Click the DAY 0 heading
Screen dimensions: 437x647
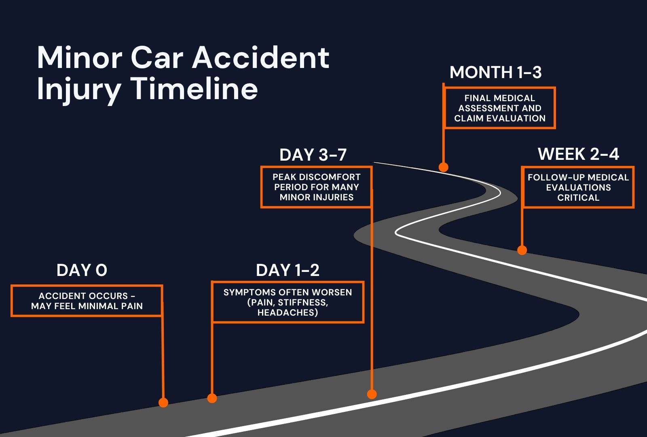point(82,270)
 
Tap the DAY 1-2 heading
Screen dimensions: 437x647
point(288,270)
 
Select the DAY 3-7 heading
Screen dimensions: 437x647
point(313,155)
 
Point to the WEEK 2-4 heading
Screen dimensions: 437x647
point(578,154)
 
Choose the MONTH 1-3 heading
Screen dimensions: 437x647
point(495,72)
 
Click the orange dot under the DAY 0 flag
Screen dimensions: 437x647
point(163,403)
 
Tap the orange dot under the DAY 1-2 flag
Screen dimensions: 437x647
point(212,398)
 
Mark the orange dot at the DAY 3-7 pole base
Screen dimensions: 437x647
point(372,394)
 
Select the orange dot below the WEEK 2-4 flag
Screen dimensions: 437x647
point(522,250)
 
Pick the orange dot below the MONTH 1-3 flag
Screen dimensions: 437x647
point(444,167)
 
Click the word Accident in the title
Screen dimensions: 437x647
point(260,57)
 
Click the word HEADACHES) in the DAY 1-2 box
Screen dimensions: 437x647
point(288,312)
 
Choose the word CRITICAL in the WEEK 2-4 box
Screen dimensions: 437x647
point(578,197)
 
